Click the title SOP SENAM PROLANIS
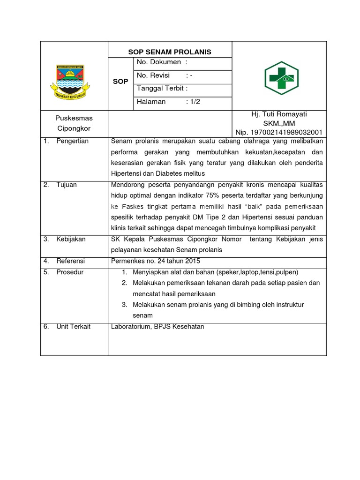(x=170, y=52)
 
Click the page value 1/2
(x=193, y=102)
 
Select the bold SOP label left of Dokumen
(x=121, y=82)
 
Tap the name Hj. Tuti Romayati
(x=279, y=114)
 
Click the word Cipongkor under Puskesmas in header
(x=74, y=128)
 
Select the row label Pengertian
(x=72, y=141)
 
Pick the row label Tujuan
(x=67, y=185)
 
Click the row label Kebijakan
(x=71, y=239)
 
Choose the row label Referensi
(x=71, y=261)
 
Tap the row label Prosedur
(x=70, y=272)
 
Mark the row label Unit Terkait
(x=73, y=326)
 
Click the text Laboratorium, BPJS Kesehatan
(x=157, y=326)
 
